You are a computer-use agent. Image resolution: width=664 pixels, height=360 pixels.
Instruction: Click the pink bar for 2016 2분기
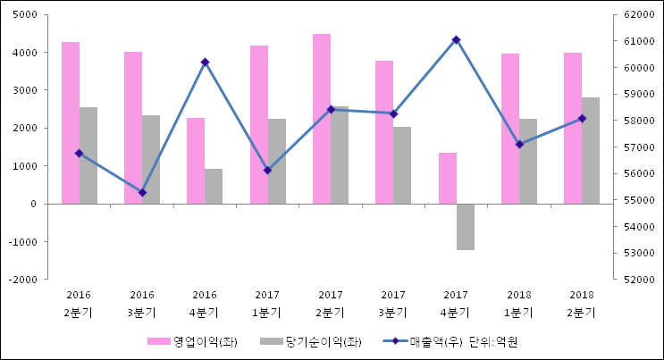[x=71, y=122]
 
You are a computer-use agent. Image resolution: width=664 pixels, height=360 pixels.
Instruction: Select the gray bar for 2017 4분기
[x=466, y=226]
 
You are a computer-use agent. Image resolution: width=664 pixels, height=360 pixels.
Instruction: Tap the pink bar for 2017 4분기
[x=448, y=178]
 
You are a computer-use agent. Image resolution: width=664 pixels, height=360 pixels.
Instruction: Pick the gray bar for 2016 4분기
[x=214, y=186]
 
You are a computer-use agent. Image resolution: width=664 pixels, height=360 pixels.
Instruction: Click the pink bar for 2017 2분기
[x=322, y=119]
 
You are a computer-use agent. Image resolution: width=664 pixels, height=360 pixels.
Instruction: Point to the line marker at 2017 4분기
[x=456, y=39]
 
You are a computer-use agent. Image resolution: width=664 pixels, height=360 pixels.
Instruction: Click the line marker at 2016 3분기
[x=142, y=192]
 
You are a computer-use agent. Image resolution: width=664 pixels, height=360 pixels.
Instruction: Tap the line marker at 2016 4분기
[x=205, y=63]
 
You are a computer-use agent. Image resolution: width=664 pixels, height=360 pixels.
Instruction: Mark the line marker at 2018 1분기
[x=519, y=144]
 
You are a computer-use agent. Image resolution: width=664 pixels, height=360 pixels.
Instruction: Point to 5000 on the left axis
[x=24, y=14]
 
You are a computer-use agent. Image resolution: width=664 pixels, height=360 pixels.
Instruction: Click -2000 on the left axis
[x=22, y=280]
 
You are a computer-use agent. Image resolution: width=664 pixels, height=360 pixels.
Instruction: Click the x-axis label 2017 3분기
[x=393, y=303]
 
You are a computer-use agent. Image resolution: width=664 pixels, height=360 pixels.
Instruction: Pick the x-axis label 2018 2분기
[x=582, y=303]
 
